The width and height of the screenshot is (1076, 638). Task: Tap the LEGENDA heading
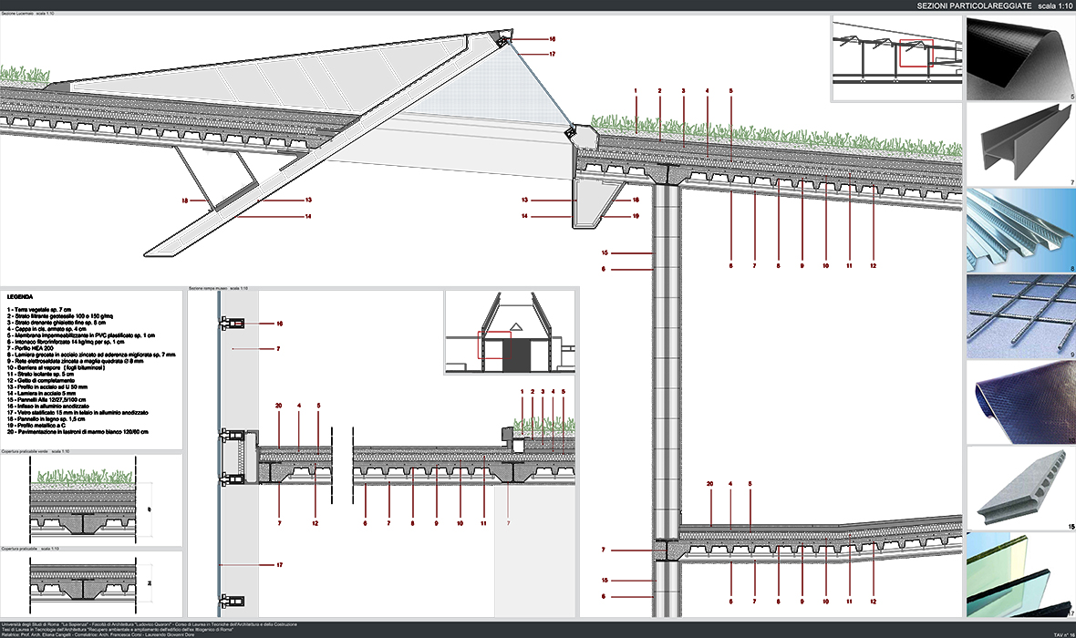(x=21, y=297)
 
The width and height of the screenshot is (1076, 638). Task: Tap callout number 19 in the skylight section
(x=636, y=217)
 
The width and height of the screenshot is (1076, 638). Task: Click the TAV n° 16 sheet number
(x=1059, y=632)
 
